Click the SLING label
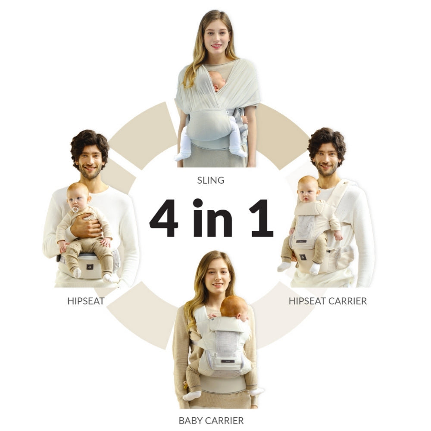coord(211,180)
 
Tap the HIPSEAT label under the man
coord(86,301)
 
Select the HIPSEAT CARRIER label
coord(328,301)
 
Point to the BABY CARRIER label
coord(211,421)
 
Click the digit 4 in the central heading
coord(164,218)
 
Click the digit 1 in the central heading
coord(262,218)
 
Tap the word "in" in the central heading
coord(212,218)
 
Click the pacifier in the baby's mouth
coord(75,210)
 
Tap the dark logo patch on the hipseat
coord(90,267)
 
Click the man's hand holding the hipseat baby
coord(86,225)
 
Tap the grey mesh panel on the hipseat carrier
coord(305,227)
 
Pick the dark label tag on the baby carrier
coord(228,361)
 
